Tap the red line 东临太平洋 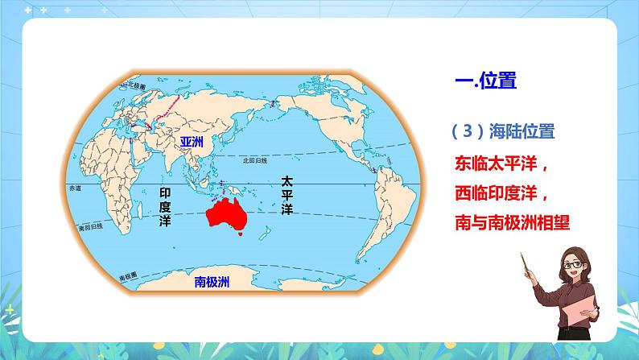[501, 164]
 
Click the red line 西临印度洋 [501, 194]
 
